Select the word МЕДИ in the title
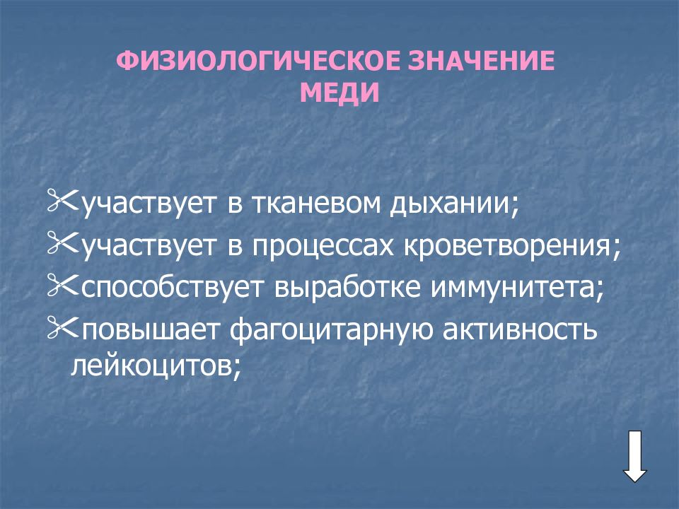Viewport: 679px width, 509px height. pos(339,93)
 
